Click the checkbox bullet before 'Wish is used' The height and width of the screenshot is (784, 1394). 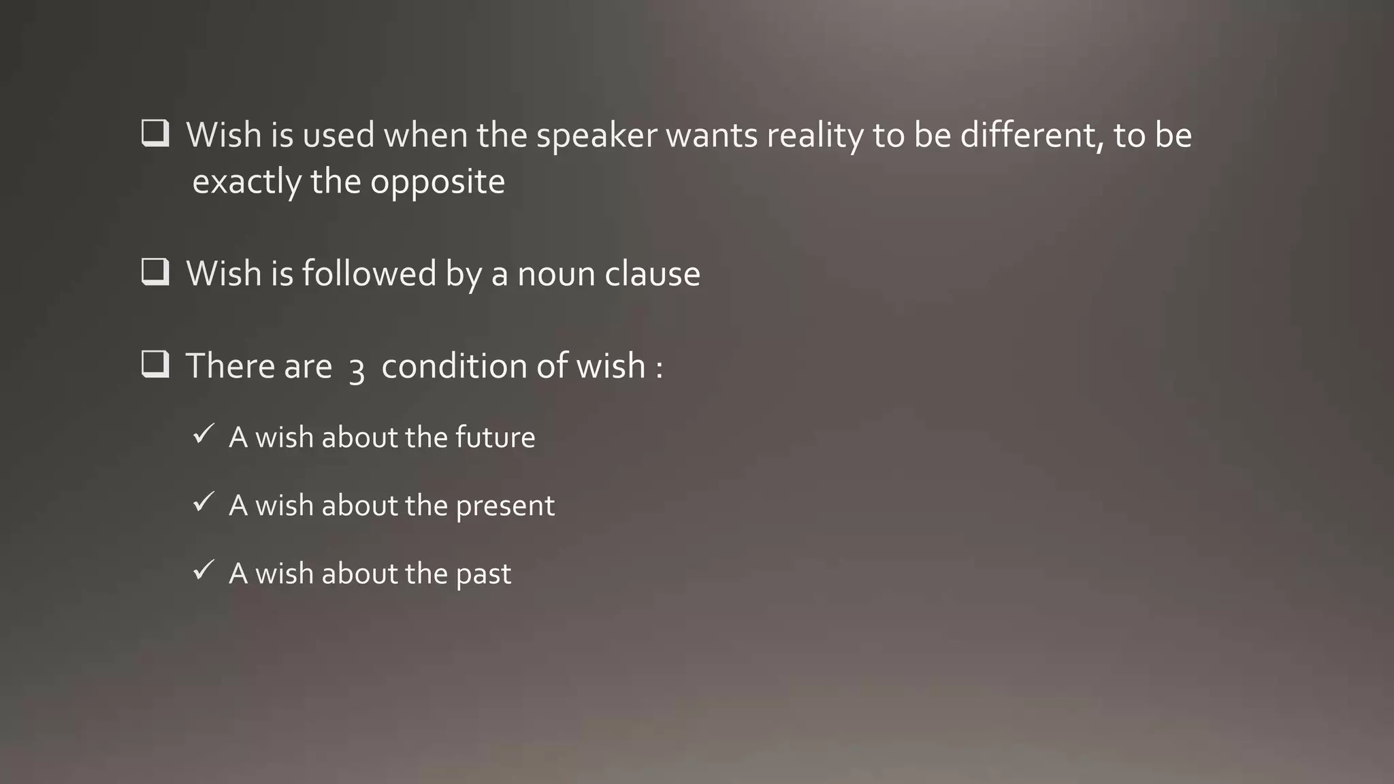coord(155,133)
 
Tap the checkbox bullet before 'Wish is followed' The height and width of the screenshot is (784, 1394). coord(155,272)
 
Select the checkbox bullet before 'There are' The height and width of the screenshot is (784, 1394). coord(155,364)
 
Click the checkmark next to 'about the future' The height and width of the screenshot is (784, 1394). coord(204,434)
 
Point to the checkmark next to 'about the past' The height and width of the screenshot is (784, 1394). coord(204,570)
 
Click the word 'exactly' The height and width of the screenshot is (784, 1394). coord(246,182)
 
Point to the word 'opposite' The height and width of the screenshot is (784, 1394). coord(438,182)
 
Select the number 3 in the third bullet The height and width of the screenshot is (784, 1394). coord(357,371)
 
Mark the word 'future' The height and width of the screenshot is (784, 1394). coord(495,437)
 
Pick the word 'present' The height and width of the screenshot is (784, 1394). coord(505,506)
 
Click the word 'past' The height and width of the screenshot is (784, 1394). coord(483,574)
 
